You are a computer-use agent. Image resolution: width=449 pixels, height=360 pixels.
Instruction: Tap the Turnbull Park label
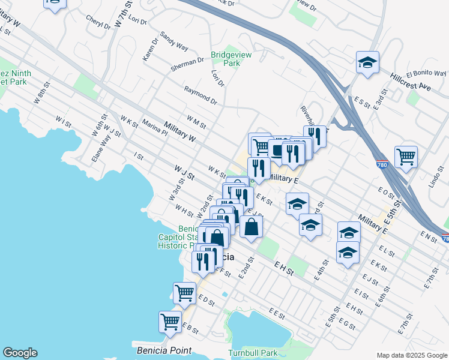pyautogui.click(x=253, y=353)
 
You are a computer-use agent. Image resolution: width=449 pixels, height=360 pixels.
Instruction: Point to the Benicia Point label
pyautogui.click(x=164, y=350)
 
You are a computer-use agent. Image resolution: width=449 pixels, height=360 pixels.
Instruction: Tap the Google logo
pyautogui.click(x=20, y=353)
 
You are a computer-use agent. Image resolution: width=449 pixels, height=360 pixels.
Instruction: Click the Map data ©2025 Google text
pyautogui.click(x=411, y=355)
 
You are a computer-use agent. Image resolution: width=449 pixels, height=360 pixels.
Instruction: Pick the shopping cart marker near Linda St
pyautogui.click(x=406, y=157)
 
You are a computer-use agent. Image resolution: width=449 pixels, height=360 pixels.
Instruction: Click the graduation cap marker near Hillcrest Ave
pyautogui.click(x=367, y=62)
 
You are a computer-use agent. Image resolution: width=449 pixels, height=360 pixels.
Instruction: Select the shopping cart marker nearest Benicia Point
pyautogui.click(x=170, y=321)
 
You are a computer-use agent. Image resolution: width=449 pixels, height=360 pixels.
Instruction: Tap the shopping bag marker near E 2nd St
pyautogui.click(x=251, y=227)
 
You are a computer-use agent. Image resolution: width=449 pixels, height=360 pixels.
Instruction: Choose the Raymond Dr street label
pyautogui.click(x=200, y=94)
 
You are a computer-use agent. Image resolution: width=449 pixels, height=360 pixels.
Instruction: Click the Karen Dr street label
pyautogui.click(x=149, y=50)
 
